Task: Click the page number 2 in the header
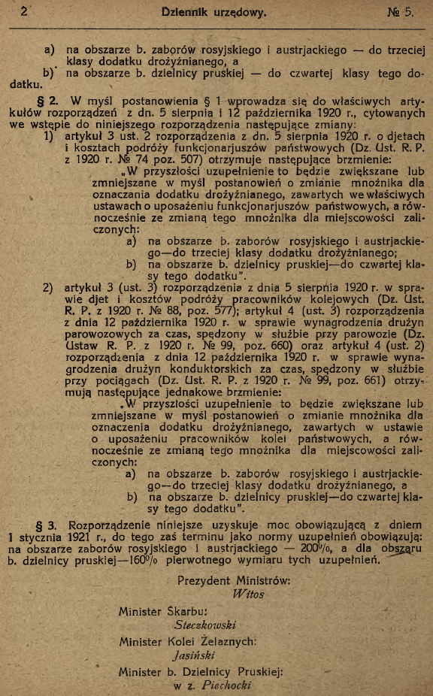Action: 25,11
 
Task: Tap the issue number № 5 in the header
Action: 401,12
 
